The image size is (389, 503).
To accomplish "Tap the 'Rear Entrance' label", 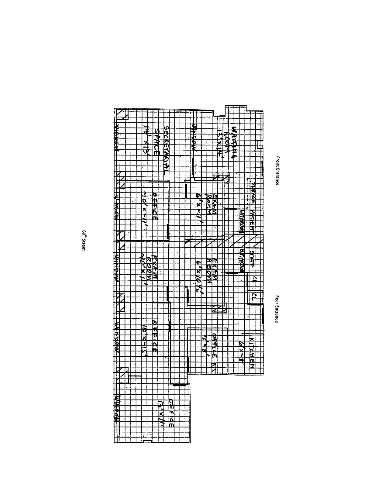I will (x=277, y=309).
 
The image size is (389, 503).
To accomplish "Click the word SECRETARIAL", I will (x=166, y=151).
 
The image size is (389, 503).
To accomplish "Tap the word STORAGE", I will (x=253, y=193).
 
